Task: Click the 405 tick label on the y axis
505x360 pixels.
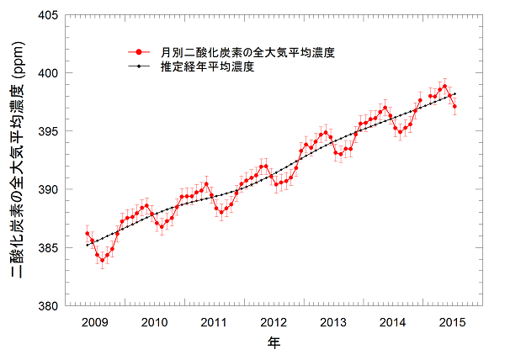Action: (x=46, y=15)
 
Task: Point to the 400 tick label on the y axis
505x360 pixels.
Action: (x=46, y=73)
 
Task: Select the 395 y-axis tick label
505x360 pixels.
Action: (x=46, y=131)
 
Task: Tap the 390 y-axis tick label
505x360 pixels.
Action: (x=46, y=189)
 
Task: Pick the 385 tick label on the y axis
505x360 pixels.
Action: (x=46, y=248)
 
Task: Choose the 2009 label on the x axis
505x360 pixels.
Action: (x=93, y=322)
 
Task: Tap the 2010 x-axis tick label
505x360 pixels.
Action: (x=154, y=322)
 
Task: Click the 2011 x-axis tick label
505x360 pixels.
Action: (x=214, y=322)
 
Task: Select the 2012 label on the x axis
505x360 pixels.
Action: (x=274, y=322)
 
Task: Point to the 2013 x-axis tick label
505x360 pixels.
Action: (x=333, y=322)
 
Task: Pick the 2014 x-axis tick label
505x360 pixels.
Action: (x=393, y=322)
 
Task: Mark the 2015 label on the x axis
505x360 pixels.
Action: (x=453, y=322)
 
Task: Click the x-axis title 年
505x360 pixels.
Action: (x=274, y=343)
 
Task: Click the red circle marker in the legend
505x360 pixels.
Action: (x=138, y=52)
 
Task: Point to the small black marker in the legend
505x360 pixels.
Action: (x=138, y=66)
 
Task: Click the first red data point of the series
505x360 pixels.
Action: (x=87, y=233)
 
